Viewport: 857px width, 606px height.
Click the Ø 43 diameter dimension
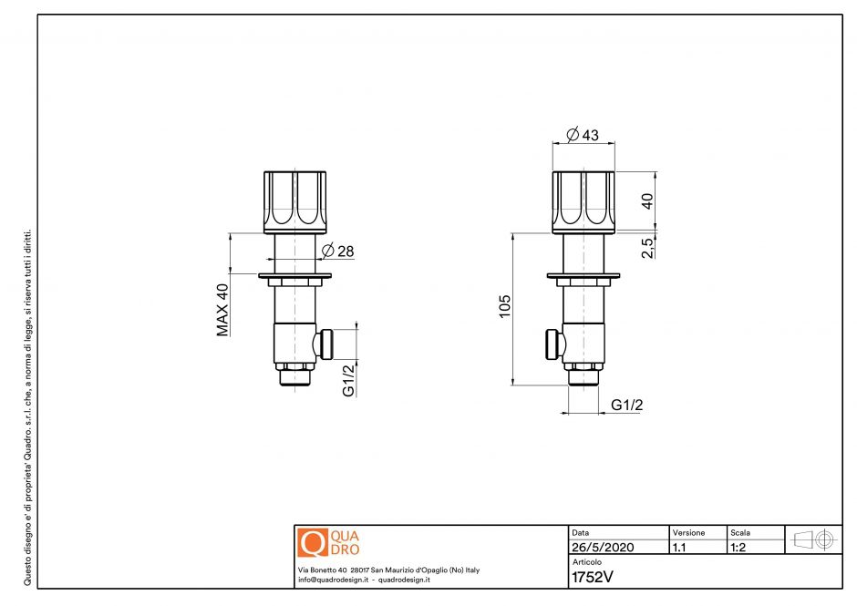583,135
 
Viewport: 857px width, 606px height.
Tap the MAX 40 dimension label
222,310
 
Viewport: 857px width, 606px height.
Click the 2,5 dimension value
646,247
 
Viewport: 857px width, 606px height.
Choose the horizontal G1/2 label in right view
626,405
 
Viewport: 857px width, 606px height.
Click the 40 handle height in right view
646,201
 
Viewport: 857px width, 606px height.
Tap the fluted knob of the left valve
294,200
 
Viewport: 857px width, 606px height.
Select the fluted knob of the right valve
583,200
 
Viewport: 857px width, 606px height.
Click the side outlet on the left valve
325,344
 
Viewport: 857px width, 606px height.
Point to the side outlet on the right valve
553,344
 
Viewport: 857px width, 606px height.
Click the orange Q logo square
312,542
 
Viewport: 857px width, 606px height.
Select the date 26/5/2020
602,549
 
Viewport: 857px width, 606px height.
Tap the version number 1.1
679,549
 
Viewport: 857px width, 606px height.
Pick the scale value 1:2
739,549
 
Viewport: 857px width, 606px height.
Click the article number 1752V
590,576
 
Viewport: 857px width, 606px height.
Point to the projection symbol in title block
814,539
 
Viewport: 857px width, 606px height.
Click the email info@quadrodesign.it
332,580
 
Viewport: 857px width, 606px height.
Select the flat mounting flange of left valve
294,275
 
